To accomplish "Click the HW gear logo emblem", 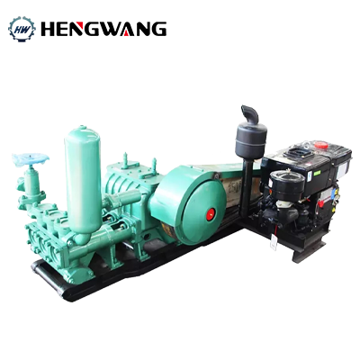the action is coord(22,29).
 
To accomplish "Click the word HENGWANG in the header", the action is coord(103,29).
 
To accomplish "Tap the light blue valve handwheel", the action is coord(31,159).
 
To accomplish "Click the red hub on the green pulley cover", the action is coord(211,214).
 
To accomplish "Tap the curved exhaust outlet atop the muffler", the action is coord(250,113).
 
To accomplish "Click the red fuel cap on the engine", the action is coord(321,145).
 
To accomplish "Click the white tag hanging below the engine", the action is coord(274,242).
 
